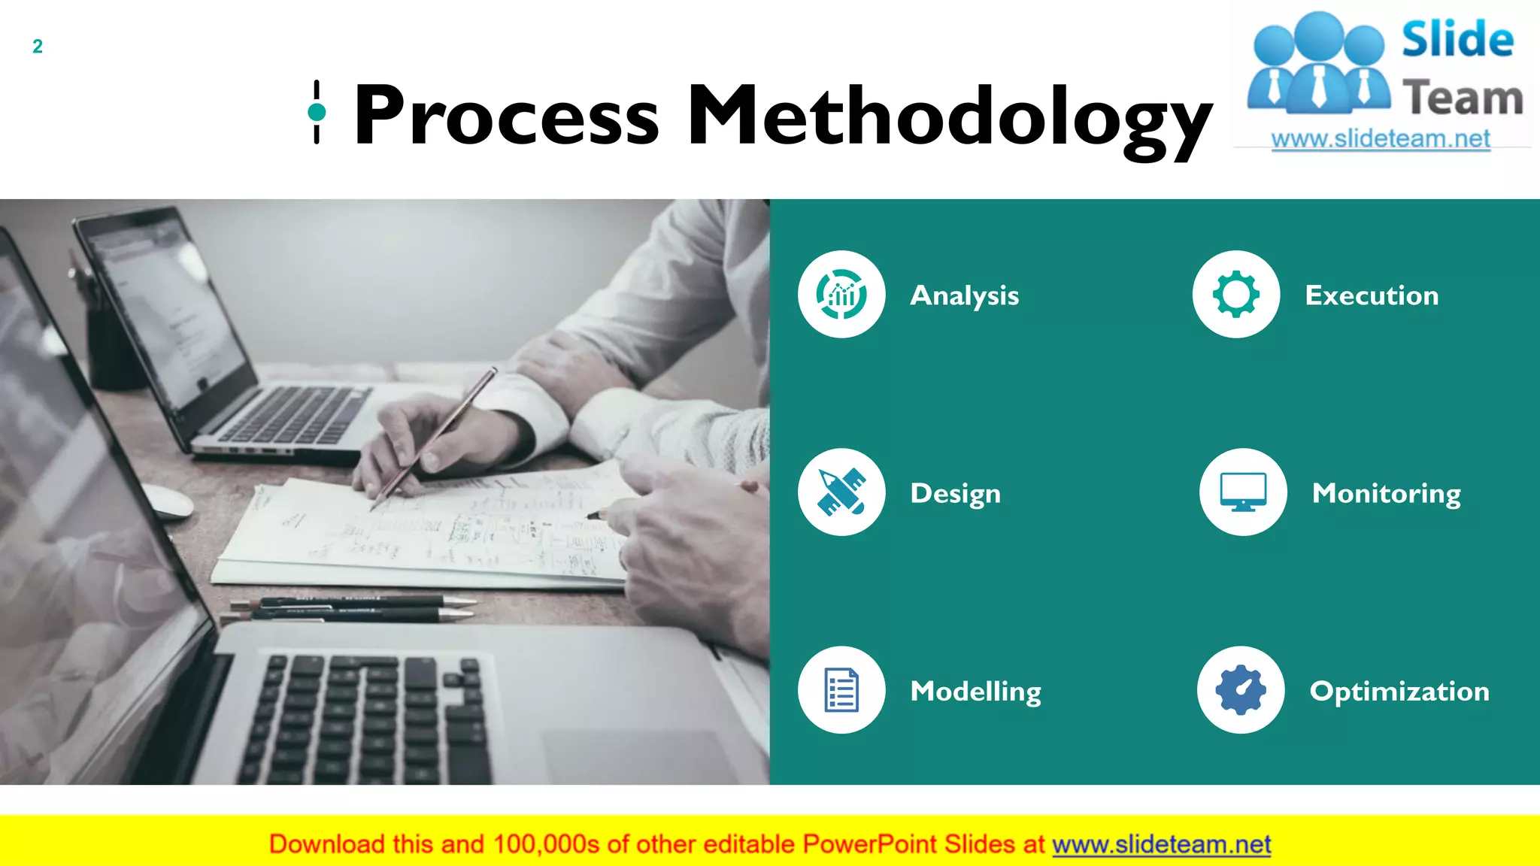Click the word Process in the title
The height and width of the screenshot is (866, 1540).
(506, 115)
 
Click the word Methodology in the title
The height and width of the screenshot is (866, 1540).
(949, 115)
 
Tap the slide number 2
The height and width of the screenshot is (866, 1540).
(38, 47)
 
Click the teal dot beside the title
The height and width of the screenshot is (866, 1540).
(317, 113)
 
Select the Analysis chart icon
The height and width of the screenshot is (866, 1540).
(841, 294)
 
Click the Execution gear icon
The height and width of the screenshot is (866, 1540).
(1235, 294)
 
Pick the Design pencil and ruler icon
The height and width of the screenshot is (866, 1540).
(841, 492)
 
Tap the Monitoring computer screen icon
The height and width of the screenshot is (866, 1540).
(1242, 492)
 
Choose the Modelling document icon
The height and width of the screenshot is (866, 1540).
(841, 689)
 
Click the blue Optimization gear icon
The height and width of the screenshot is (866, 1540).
(1241, 689)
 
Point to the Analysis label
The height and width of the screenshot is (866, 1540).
(964, 295)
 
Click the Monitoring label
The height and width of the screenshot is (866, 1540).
(1386, 493)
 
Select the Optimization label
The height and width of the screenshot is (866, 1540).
(1399, 691)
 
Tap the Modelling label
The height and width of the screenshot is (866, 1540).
(975, 691)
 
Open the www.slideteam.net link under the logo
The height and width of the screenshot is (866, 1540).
(1380, 139)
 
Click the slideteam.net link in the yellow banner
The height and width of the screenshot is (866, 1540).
(1161, 844)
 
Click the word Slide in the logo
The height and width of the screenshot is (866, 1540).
(1457, 39)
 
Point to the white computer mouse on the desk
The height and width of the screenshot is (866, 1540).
(168, 501)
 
